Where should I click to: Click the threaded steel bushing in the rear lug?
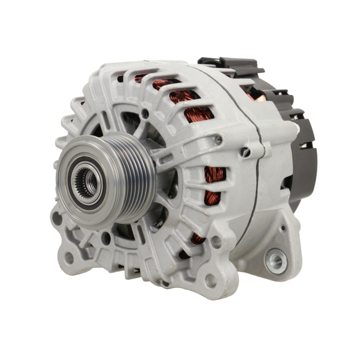pos(276,260)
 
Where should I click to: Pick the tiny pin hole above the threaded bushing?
pos(284,228)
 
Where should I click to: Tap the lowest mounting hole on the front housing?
pos(211,280)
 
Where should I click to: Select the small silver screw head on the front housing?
pos(219,140)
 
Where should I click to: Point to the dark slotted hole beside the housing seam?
pos(246,152)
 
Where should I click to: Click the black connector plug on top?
pos(230,65)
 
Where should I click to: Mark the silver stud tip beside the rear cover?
pos(296,127)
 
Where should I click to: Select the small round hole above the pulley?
pos(145,113)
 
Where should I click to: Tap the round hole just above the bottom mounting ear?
pos(216,242)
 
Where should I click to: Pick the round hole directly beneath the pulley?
pos(105,238)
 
